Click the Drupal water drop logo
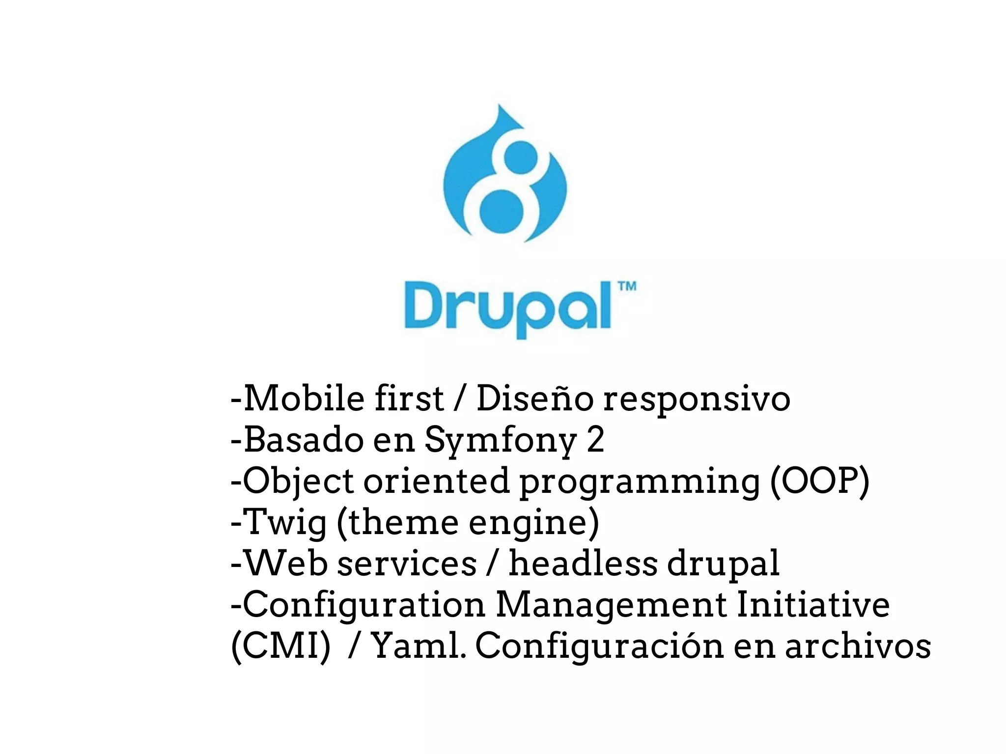point(505,174)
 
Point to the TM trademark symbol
point(627,286)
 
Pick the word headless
point(583,563)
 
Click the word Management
point(611,604)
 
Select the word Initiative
point(813,604)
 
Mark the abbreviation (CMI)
point(280,646)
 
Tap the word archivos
point(858,646)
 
